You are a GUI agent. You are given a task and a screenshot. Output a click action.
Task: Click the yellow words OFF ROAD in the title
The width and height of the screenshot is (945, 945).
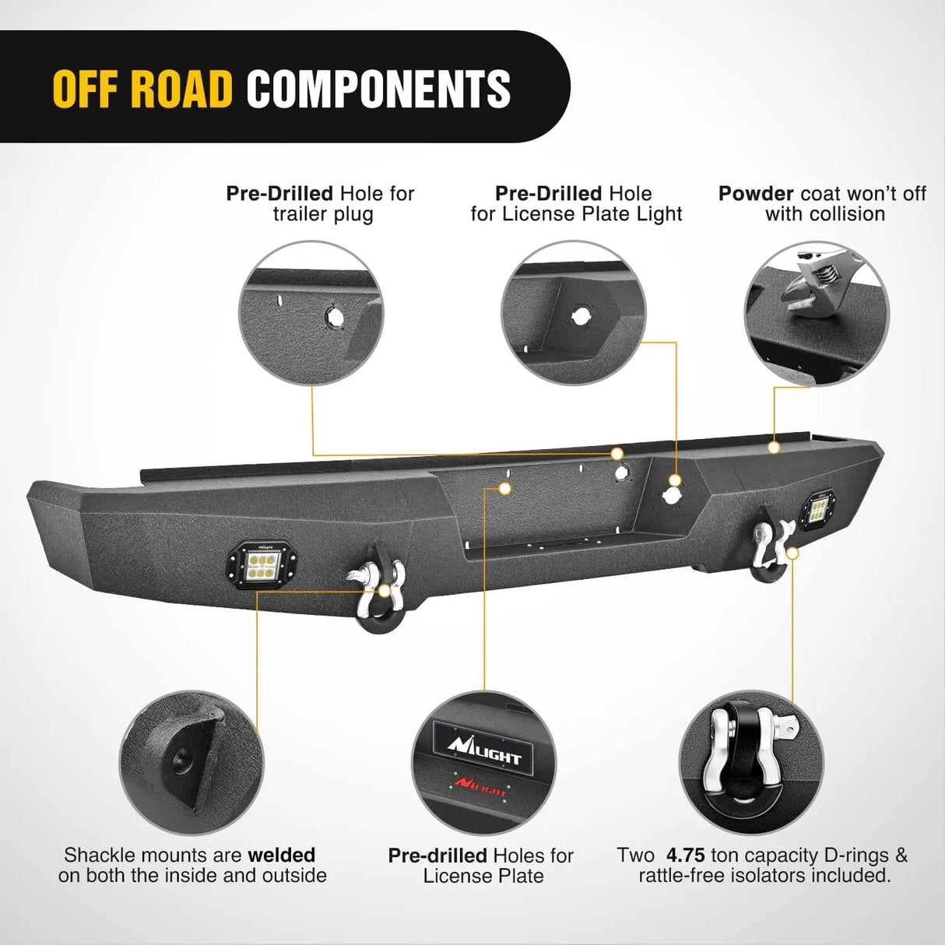(x=142, y=88)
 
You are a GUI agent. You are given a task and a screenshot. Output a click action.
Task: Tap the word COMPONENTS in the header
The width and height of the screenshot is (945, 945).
(x=378, y=88)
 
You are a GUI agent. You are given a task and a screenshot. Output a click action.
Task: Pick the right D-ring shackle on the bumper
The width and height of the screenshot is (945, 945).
(x=770, y=550)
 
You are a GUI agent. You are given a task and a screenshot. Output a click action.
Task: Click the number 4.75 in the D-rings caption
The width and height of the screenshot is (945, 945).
(x=686, y=855)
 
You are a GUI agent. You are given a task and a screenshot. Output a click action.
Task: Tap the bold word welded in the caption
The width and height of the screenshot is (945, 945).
(x=282, y=855)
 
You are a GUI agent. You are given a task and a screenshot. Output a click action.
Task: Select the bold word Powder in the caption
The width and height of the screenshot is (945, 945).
(x=756, y=194)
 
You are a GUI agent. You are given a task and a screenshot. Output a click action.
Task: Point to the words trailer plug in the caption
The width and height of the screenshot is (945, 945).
(x=322, y=214)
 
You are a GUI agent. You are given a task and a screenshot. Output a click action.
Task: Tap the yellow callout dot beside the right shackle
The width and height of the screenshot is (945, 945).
(x=793, y=552)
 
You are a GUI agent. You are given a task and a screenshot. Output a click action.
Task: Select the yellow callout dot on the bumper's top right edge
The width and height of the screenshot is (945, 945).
(x=773, y=448)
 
